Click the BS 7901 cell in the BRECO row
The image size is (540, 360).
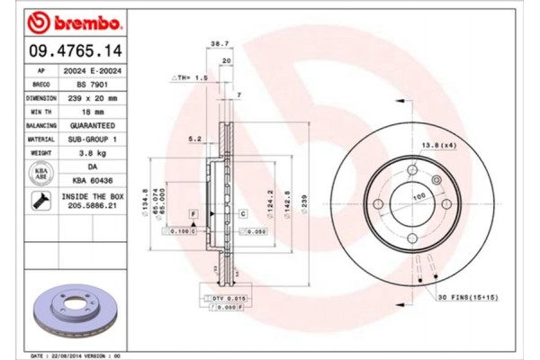(92, 83)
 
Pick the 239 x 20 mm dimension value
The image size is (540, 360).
(92, 97)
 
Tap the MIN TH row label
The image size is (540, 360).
(41, 112)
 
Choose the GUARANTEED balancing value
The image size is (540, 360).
(92, 126)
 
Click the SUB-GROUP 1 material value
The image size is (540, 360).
(92, 140)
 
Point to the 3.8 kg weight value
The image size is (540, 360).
(92, 155)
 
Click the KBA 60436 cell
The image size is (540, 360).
(92, 182)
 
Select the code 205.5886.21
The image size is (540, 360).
(92, 206)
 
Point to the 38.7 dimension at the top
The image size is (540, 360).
(216, 43)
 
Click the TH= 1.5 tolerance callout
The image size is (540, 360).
(190, 79)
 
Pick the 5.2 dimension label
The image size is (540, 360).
(193, 139)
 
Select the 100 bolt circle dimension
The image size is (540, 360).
(418, 196)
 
